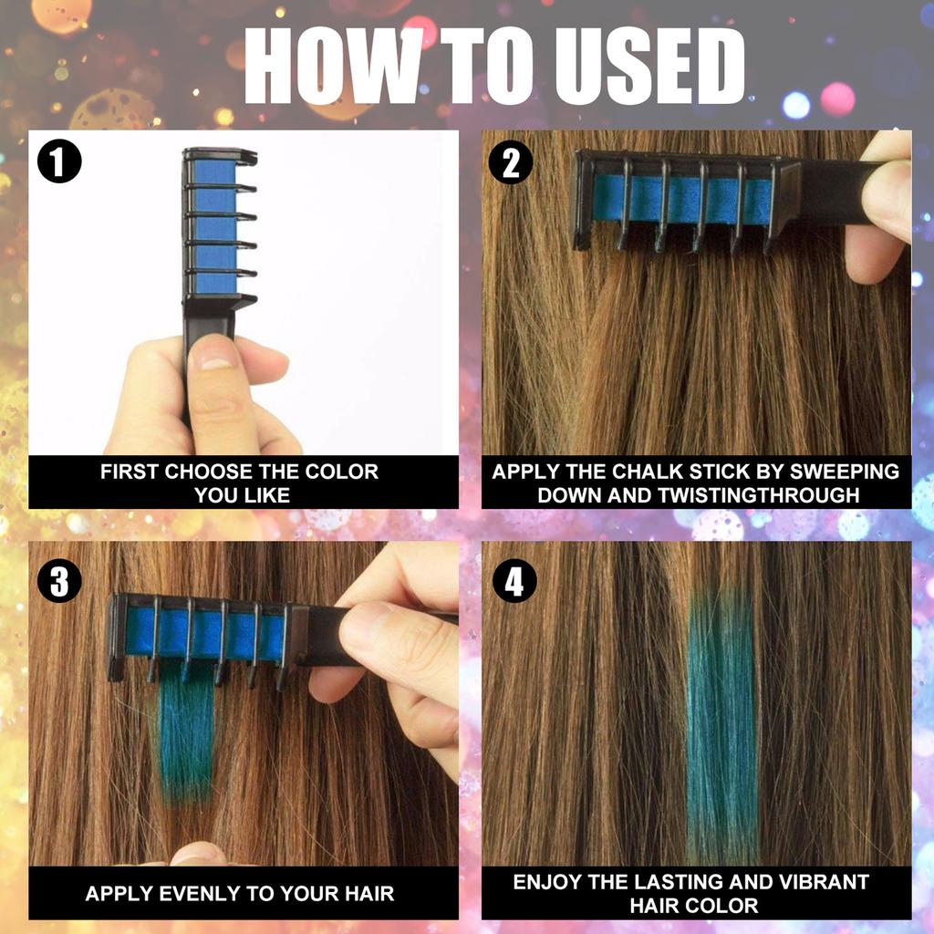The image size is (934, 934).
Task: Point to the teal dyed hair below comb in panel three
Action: (x=187, y=730)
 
